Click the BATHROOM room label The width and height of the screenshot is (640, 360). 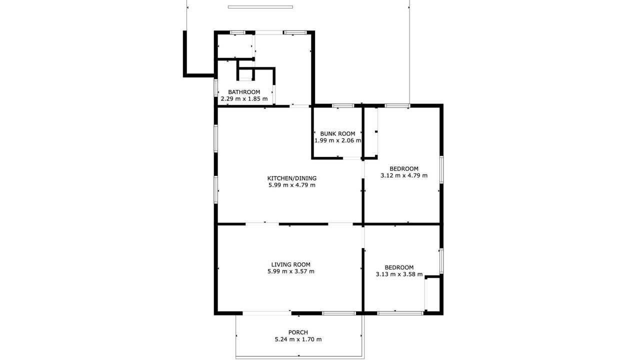click(244, 92)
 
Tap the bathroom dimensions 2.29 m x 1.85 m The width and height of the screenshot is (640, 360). click(244, 99)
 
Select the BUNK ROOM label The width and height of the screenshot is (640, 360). click(337, 133)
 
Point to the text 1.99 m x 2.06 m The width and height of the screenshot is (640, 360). click(337, 140)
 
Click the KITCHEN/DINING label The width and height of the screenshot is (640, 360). click(291, 178)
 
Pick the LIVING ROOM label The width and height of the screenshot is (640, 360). click(290, 265)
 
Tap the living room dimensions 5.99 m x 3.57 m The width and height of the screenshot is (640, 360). click(291, 271)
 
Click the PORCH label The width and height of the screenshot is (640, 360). click(298, 332)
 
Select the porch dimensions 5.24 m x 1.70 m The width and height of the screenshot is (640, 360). click(298, 339)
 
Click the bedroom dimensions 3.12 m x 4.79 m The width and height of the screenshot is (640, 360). click(404, 175)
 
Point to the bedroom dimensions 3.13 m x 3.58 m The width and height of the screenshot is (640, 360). click(399, 274)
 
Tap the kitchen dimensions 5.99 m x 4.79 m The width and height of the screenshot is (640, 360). click(291, 185)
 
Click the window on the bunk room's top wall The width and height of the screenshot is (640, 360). click(343, 105)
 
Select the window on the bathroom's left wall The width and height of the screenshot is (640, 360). click(215, 87)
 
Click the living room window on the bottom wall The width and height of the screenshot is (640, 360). click(339, 313)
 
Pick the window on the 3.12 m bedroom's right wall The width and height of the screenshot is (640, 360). click(441, 169)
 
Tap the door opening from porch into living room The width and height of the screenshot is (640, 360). click(267, 313)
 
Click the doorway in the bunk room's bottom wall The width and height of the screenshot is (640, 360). click(351, 158)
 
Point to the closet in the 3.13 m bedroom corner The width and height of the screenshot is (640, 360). click(433, 294)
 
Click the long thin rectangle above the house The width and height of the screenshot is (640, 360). click(260, 7)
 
